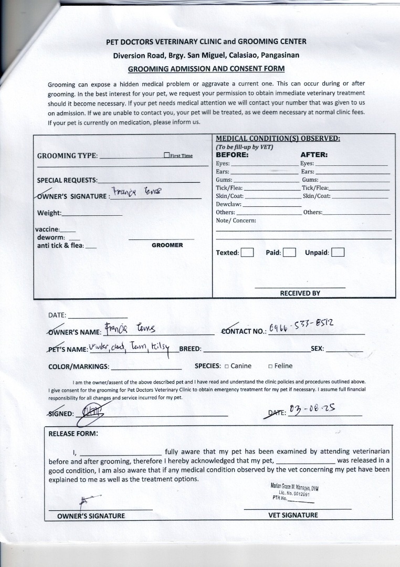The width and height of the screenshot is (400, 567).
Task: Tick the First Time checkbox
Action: [166, 155]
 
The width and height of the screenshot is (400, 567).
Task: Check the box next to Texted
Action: [247, 253]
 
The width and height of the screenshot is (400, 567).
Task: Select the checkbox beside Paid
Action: [290, 253]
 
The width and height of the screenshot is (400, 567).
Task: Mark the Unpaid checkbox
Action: [338, 253]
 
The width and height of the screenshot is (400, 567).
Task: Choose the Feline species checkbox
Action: [270, 366]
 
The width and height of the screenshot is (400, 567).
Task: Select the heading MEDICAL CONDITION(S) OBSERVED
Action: [278, 139]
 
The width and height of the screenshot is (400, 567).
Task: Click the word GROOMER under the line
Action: [167, 245]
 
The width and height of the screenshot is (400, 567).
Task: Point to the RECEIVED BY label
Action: [300, 293]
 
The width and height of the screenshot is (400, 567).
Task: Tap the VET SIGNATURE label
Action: [293, 515]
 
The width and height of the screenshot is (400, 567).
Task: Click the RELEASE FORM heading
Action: [73, 434]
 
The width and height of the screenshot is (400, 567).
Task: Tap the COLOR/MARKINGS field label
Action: [79, 366]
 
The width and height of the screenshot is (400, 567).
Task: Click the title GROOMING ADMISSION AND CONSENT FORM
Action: [206, 68]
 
